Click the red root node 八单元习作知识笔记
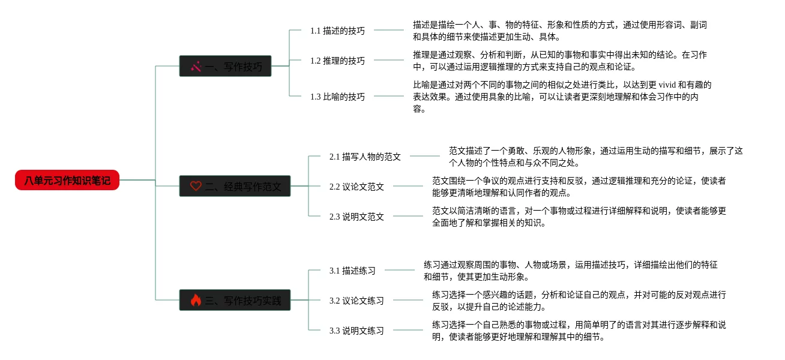(x=67, y=180)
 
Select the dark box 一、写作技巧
(x=225, y=66)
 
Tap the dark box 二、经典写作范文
(x=235, y=186)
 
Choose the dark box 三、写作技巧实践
(x=235, y=300)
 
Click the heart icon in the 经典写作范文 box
(x=196, y=186)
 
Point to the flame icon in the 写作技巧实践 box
(x=196, y=300)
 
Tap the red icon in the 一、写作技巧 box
(x=196, y=66)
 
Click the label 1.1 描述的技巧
(x=337, y=30)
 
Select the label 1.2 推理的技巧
(x=337, y=60)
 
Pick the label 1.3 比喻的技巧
(x=337, y=96)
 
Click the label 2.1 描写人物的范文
(x=365, y=156)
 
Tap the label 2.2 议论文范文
(x=356, y=186)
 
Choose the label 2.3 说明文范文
(x=356, y=216)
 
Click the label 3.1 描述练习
(x=352, y=270)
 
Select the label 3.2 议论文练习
(x=356, y=300)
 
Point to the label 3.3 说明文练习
(x=356, y=330)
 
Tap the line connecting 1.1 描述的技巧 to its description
(x=389, y=30)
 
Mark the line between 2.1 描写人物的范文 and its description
(x=425, y=156)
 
